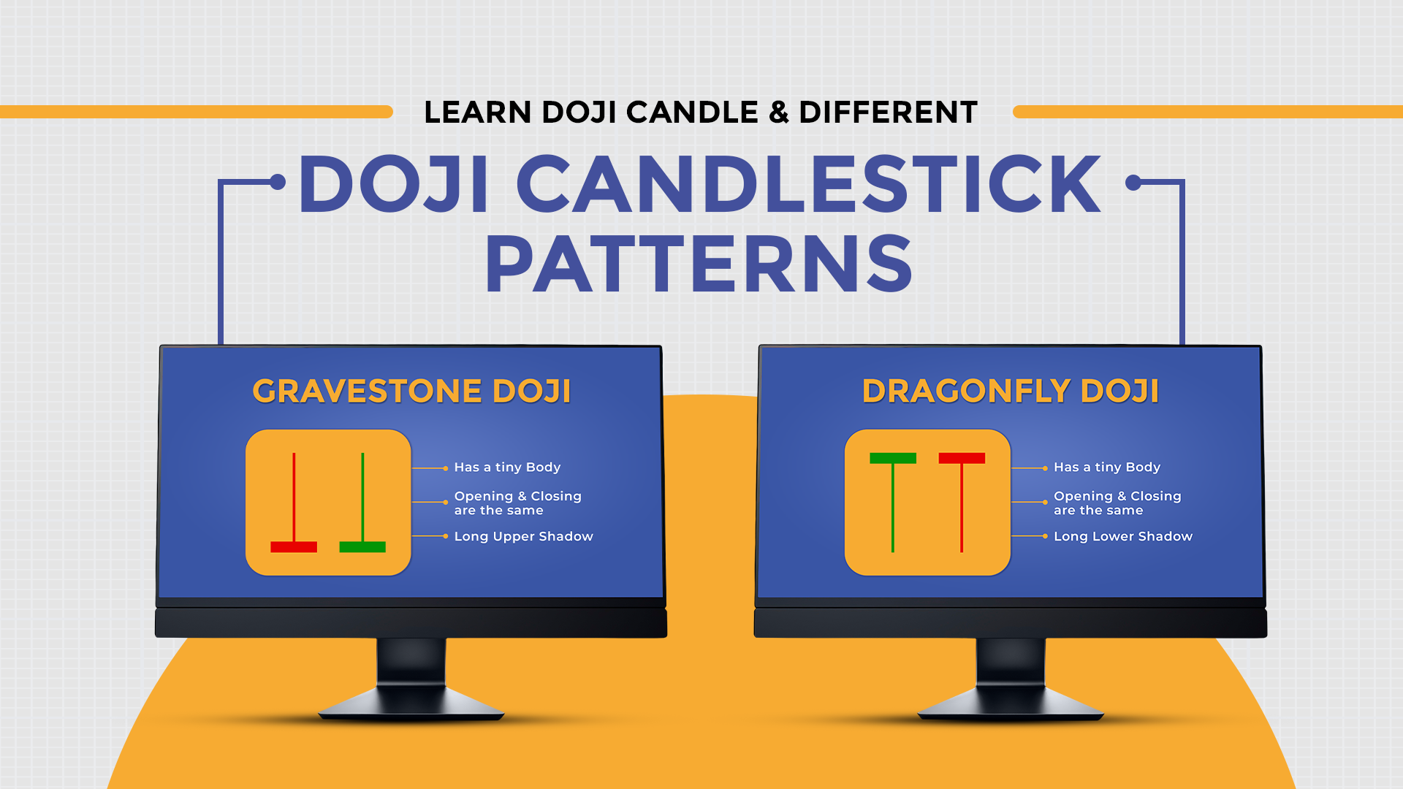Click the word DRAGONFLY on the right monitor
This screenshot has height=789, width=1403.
(x=965, y=392)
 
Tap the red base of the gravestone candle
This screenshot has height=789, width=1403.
(x=294, y=547)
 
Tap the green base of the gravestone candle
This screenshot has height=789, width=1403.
(x=362, y=547)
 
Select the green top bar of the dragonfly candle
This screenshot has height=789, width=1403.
(x=893, y=458)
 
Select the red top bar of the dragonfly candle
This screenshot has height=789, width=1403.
(x=962, y=458)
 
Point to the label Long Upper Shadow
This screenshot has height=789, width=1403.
(x=523, y=536)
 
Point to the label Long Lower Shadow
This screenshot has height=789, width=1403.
(x=1122, y=536)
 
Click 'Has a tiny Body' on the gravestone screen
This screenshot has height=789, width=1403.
(x=507, y=467)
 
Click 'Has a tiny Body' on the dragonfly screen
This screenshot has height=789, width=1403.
(x=1106, y=467)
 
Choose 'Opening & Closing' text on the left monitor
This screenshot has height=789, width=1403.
(x=517, y=496)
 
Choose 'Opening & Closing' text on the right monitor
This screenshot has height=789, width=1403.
(x=1117, y=496)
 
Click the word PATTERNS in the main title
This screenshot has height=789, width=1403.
(x=699, y=264)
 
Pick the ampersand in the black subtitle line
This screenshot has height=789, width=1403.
(x=779, y=113)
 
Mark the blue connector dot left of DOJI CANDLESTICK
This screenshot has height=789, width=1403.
(x=278, y=182)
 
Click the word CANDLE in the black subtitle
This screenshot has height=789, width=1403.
(x=692, y=113)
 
